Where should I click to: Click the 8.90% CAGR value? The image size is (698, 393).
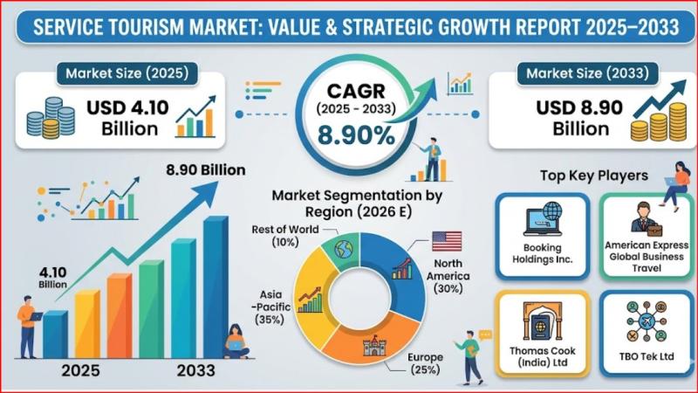pos(353,135)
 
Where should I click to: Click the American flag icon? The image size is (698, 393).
pos(446,240)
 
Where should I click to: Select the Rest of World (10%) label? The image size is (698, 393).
pos(277,234)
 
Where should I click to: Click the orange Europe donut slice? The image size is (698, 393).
pos(370,345)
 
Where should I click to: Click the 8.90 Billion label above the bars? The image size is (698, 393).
pos(206,170)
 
